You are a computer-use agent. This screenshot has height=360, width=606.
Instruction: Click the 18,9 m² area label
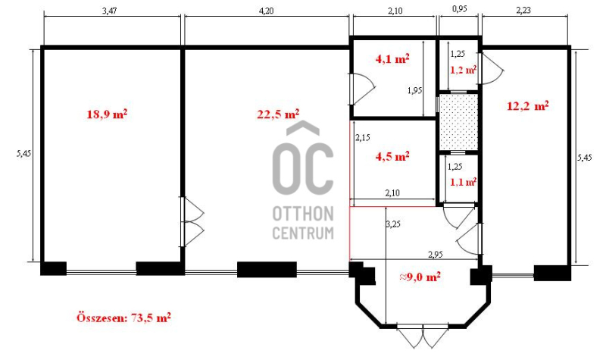[107, 114]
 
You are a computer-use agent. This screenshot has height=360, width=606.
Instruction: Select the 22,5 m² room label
[278, 114]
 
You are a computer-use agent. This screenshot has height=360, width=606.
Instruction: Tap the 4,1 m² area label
[392, 59]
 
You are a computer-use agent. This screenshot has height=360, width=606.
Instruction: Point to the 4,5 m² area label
[392, 157]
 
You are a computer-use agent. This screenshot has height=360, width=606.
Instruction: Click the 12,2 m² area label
[527, 105]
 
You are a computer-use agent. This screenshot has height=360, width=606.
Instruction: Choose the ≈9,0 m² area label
[420, 277]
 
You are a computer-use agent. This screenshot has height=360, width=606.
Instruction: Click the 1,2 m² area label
[463, 70]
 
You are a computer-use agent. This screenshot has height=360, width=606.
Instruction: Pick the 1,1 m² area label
[463, 182]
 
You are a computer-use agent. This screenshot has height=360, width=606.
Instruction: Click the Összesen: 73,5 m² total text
[123, 318]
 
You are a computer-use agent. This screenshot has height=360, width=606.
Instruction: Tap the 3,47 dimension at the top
[109, 11]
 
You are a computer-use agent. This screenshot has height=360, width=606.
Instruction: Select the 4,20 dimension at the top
[266, 11]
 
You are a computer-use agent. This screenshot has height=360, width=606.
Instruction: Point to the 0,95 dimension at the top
[459, 9]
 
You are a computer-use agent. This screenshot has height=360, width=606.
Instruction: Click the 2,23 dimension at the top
[523, 11]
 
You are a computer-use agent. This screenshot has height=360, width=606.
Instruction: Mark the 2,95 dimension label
[435, 255]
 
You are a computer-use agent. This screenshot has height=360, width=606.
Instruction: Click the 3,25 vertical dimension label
[393, 224]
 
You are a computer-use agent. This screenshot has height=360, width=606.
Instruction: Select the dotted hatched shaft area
[459, 122]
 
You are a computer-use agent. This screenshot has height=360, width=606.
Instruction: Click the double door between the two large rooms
[192, 221]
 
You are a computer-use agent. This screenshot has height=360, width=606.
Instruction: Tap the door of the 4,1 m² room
[362, 89]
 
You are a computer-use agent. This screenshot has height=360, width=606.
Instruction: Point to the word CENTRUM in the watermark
[303, 233]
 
